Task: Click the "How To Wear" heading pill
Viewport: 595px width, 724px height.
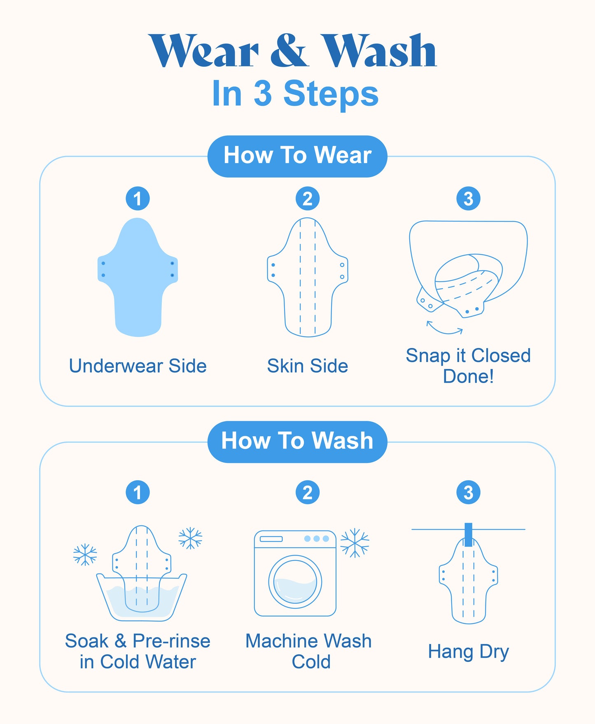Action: click(x=297, y=156)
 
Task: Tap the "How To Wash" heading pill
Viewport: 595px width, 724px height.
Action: click(x=297, y=441)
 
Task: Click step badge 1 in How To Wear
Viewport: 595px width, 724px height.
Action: click(x=138, y=199)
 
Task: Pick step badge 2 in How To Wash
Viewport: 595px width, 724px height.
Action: click(x=308, y=492)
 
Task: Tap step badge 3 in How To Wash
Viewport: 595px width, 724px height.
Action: click(x=468, y=492)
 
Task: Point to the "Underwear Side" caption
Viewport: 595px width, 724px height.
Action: click(x=138, y=366)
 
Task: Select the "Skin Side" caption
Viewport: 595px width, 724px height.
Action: click(x=308, y=366)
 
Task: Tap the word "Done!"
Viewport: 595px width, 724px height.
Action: click(x=468, y=376)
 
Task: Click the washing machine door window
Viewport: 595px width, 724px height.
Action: click(x=295, y=582)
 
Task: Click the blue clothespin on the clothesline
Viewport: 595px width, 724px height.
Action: click(x=468, y=535)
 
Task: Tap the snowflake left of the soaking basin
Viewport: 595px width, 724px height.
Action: click(x=85, y=555)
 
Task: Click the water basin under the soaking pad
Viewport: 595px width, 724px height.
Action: click(x=142, y=598)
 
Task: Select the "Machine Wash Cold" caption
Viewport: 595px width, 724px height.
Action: click(x=308, y=651)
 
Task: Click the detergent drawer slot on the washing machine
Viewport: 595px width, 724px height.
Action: click(x=271, y=539)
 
